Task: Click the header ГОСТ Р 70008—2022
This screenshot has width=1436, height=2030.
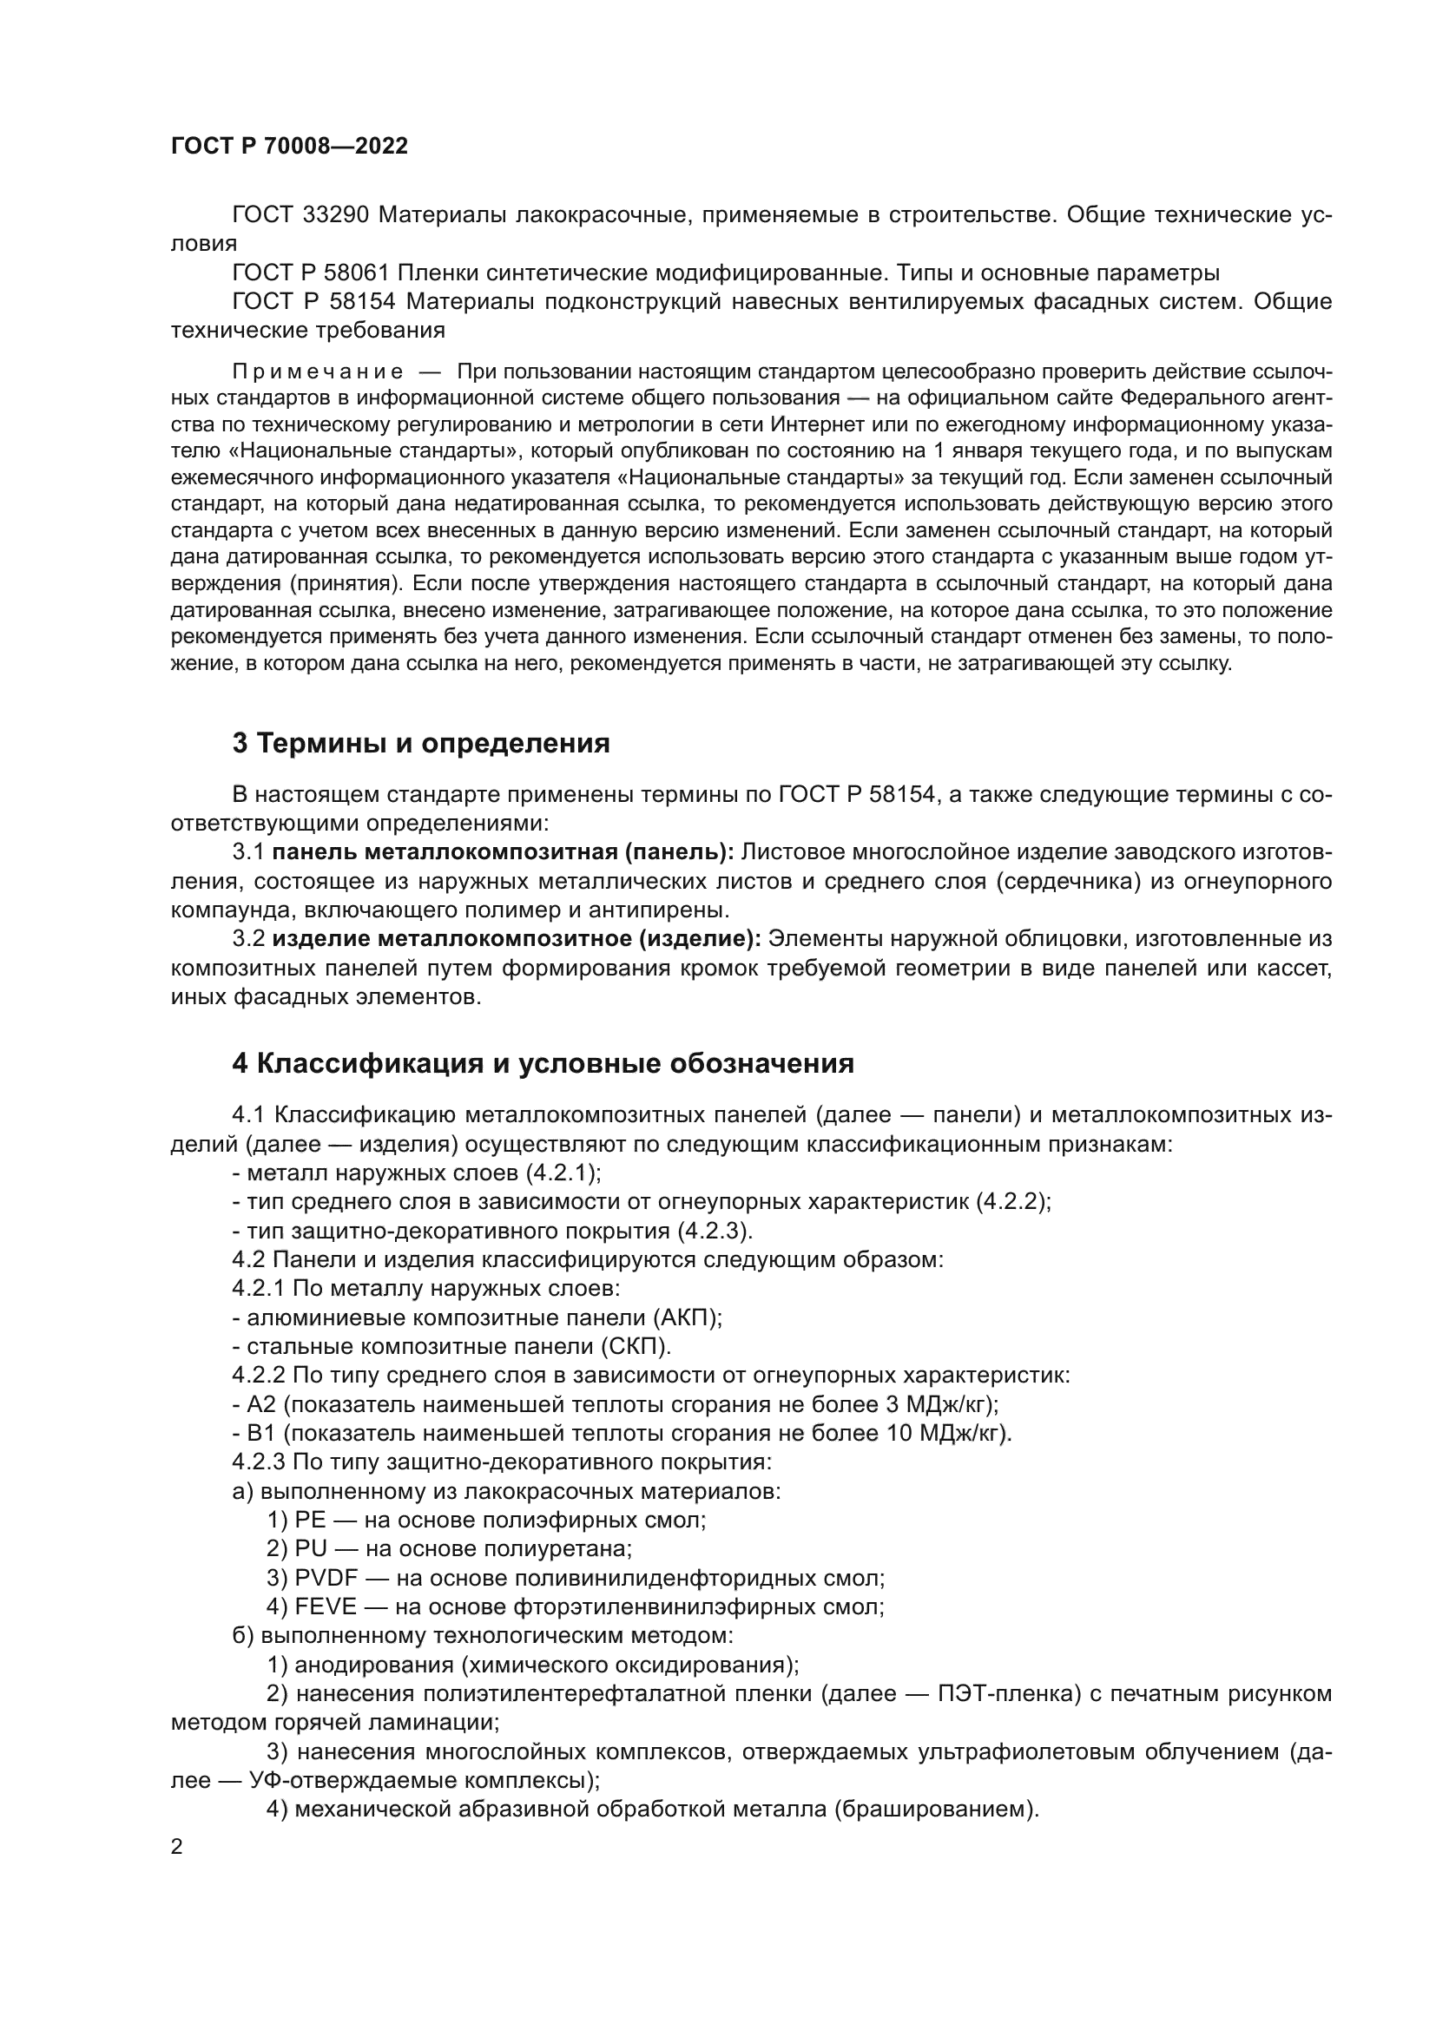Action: [289, 147]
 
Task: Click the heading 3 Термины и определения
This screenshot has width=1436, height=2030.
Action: [421, 744]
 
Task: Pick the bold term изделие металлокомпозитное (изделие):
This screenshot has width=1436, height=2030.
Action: [517, 938]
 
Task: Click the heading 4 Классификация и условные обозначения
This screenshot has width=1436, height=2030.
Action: [543, 1064]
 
